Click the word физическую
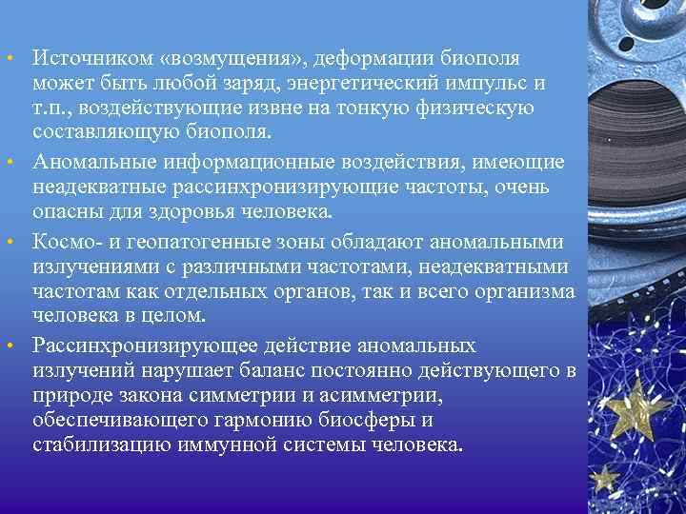pos(476,109)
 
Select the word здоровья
pos(191,210)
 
